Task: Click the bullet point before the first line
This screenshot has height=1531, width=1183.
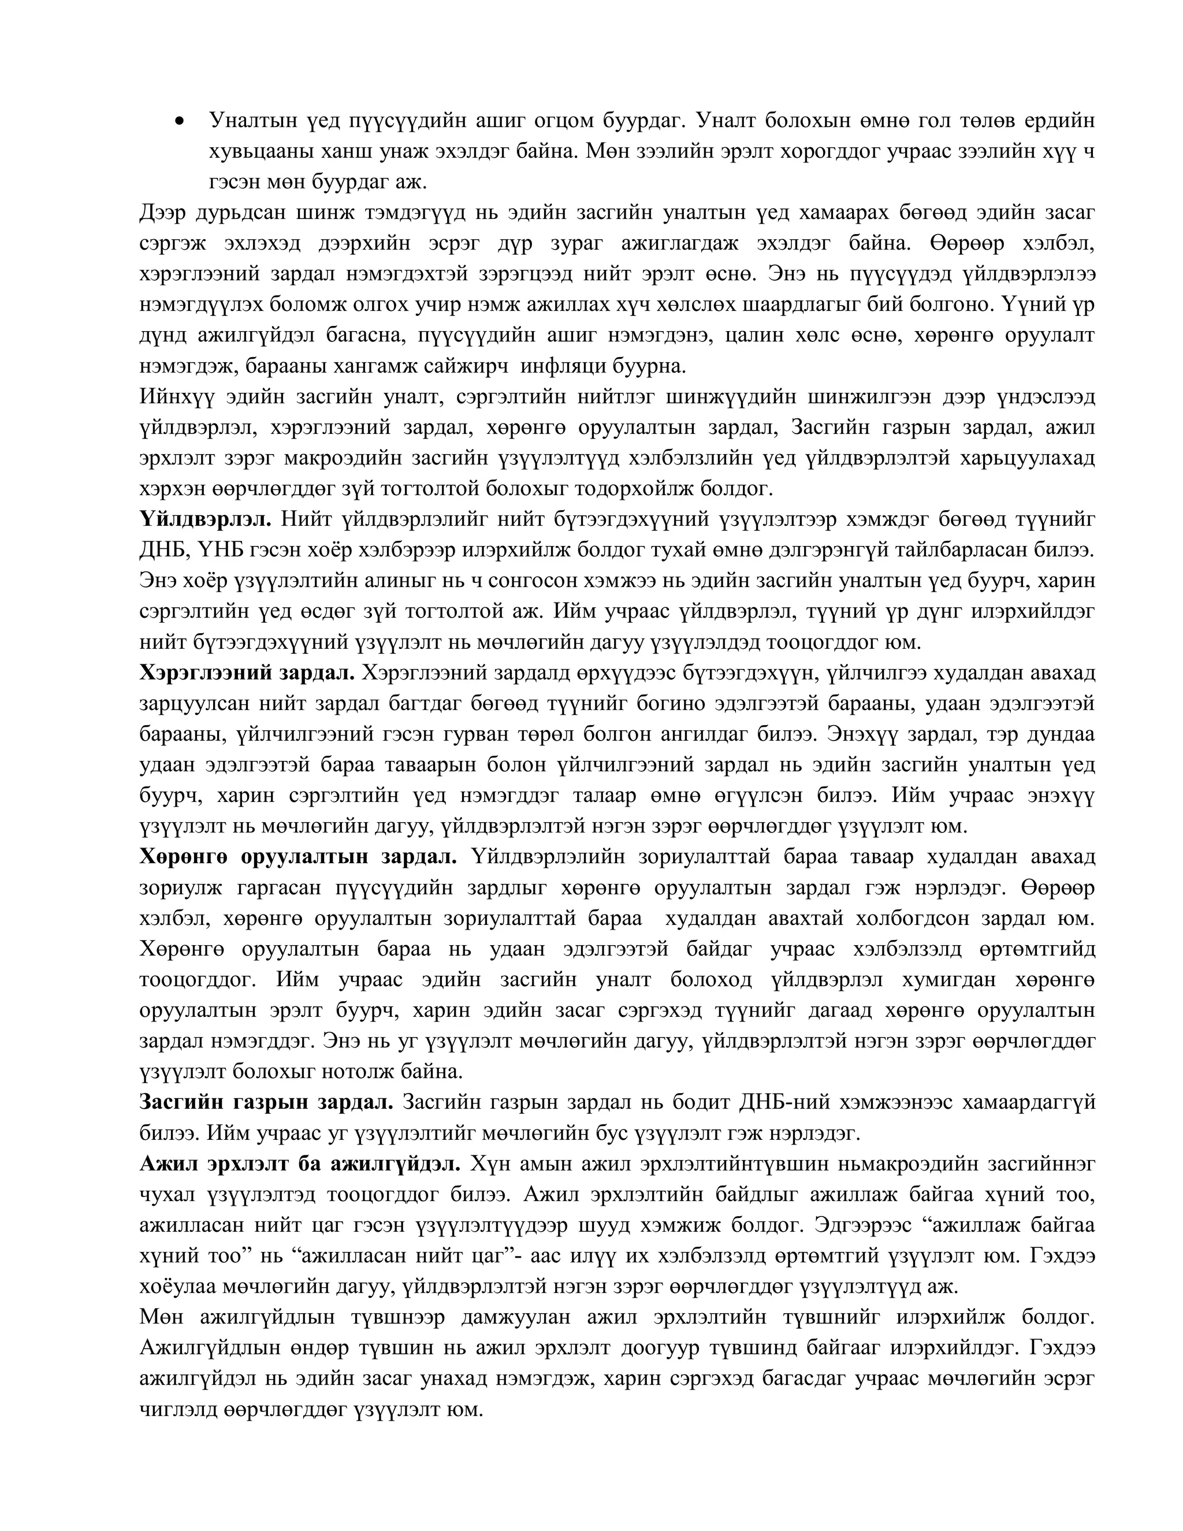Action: (181, 122)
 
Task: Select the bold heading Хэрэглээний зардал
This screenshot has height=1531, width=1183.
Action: (247, 673)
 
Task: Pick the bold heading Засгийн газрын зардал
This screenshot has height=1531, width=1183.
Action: (266, 1102)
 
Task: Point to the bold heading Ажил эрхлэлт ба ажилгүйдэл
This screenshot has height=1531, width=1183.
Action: (300, 1164)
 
